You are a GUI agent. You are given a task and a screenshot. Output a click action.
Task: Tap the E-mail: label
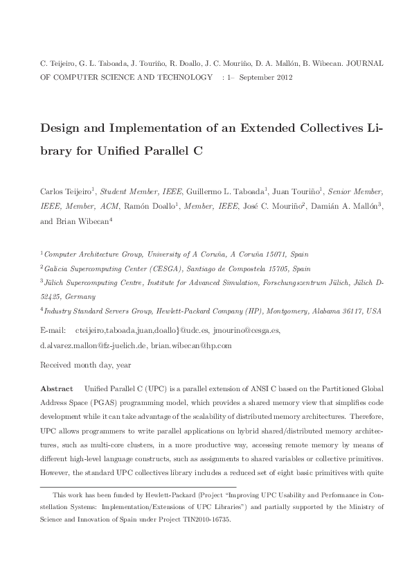point(54,332)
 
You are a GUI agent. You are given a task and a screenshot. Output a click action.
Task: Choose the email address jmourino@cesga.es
point(247,332)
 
